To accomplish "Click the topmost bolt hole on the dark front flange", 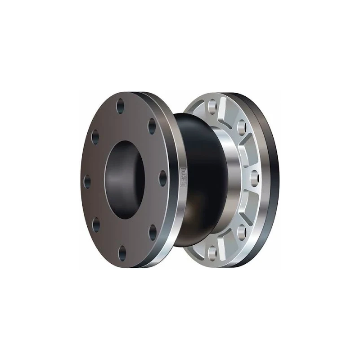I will [x=121, y=107].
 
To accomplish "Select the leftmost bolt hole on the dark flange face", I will [x=87, y=181].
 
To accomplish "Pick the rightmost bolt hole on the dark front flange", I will [x=163, y=180].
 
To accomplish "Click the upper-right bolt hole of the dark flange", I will [x=151, y=127].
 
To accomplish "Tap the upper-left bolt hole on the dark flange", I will [x=94, y=135].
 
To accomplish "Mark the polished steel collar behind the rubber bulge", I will [x=225, y=180].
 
